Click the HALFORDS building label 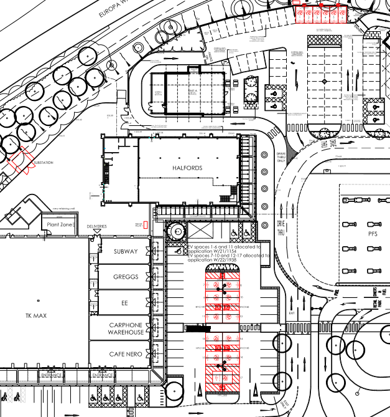coord(188,169)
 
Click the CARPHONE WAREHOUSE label coord(127,328)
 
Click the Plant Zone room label coord(58,224)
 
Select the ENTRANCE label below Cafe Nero coord(103,376)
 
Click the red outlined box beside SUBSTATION coord(20,162)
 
